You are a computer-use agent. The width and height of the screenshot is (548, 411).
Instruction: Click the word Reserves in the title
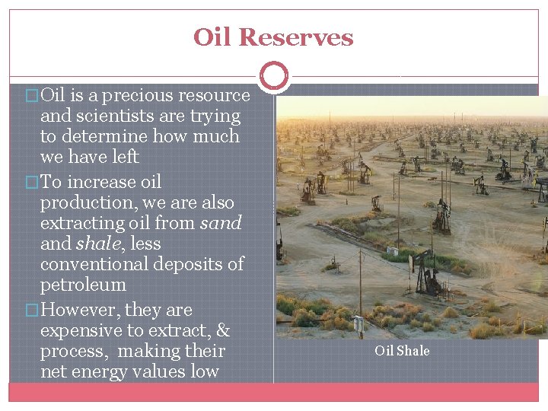pyautogui.click(x=296, y=37)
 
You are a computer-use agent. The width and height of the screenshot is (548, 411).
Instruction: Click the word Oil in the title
pyautogui.click(x=212, y=37)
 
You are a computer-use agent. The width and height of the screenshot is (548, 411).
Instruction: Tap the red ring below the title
pyautogui.click(x=274, y=76)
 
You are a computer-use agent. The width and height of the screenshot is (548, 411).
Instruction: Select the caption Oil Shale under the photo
pyautogui.click(x=402, y=351)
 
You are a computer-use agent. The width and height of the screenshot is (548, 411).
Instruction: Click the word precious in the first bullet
pyautogui.click(x=132, y=96)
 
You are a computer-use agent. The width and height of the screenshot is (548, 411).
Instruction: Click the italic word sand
pyautogui.click(x=220, y=223)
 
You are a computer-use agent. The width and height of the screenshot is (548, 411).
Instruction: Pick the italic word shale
pyautogui.click(x=98, y=244)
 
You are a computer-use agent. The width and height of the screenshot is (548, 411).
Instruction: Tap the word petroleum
pyautogui.click(x=83, y=285)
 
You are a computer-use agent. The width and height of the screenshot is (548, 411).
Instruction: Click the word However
pyautogui.click(x=79, y=311)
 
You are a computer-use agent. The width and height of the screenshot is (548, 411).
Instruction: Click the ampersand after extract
pyautogui.click(x=223, y=331)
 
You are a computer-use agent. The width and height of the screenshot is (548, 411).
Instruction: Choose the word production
pyautogui.click(x=81, y=202)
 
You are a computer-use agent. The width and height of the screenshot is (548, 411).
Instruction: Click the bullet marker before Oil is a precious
pyautogui.click(x=31, y=97)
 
